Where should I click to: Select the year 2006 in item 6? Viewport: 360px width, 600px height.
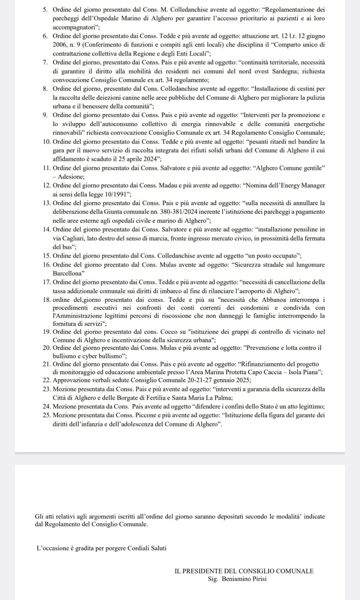(x=60, y=45)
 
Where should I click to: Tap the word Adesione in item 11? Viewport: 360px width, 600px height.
(x=71, y=177)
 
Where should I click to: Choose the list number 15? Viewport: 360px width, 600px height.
(x=47, y=256)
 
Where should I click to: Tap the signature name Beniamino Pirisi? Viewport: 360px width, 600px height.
(x=244, y=579)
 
